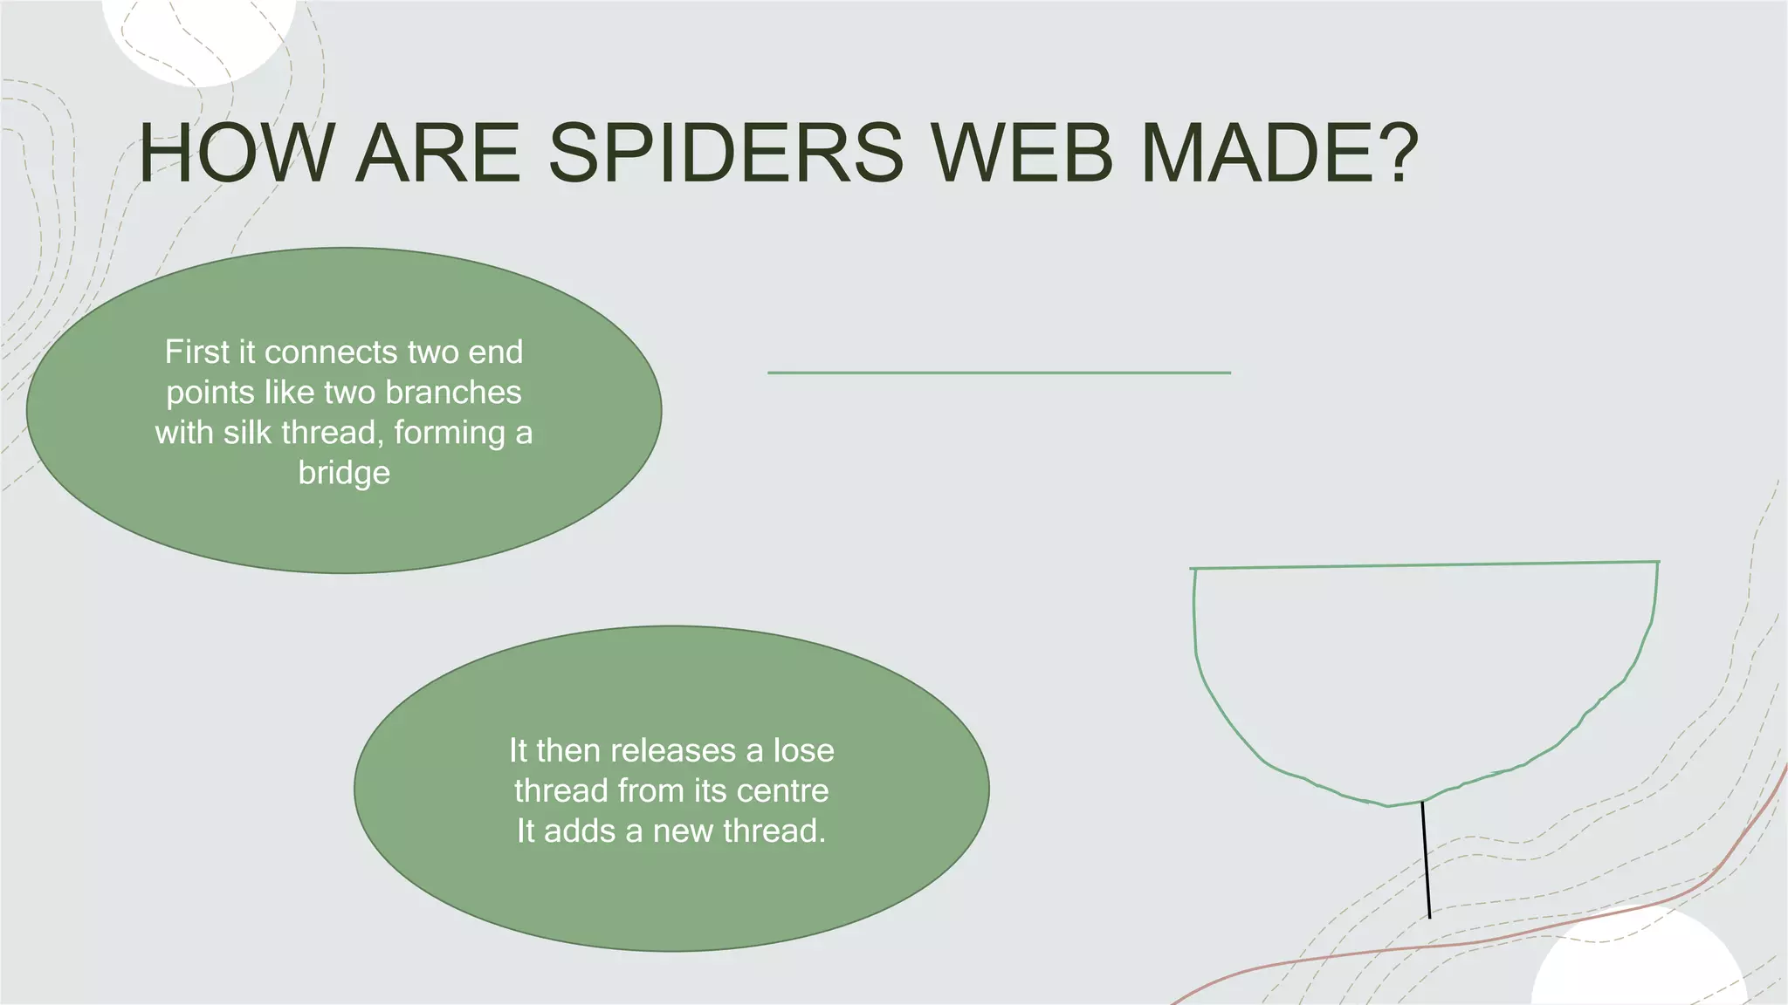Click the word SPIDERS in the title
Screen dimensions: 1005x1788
[725, 154]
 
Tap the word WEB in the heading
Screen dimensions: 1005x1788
[1021, 154]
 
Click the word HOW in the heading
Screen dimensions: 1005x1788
[236, 154]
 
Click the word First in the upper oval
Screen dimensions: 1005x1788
[197, 352]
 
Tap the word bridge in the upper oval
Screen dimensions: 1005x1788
[344, 474]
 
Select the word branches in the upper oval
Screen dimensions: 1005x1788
[453, 393]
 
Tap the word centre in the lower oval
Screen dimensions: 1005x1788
[782, 790]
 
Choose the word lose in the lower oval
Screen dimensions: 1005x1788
[803, 750]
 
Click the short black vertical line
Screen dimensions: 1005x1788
[1426, 859]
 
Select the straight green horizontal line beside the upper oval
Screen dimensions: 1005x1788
[999, 373]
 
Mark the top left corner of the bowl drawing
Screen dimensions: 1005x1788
[1193, 570]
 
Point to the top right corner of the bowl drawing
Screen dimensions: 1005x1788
[1658, 563]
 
